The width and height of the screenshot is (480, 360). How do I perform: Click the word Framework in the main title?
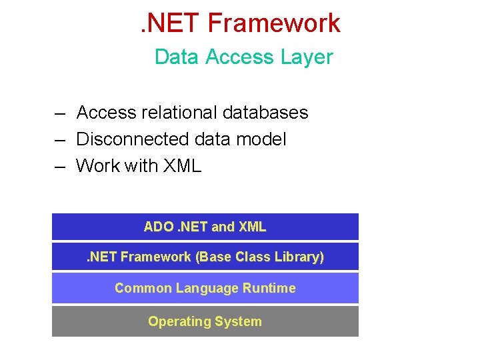click(x=274, y=23)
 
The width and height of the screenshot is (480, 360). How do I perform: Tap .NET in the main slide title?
click(x=170, y=23)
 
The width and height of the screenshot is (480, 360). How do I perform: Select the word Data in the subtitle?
click(x=177, y=57)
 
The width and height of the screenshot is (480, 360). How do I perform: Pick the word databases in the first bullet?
click(x=265, y=113)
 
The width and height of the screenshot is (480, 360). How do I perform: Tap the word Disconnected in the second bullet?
click(x=133, y=139)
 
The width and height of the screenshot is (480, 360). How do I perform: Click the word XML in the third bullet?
click(x=181, y=165)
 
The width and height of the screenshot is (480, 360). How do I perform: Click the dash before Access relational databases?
click(x=60, y=113)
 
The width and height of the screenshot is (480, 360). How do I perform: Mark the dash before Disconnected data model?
click(x=60, y=140)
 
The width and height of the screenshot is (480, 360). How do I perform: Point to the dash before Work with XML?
click(x=60, y=166)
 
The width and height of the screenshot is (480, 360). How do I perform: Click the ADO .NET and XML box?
click(x=205, y=227)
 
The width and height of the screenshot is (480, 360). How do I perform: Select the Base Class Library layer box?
click(x=205, y=257)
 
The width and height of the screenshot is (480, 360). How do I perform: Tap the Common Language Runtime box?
click(x=205, y=288)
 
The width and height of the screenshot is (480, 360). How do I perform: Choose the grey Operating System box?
click(x=205, y=321)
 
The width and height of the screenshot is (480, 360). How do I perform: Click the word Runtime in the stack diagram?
click(x=270, y=288)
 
